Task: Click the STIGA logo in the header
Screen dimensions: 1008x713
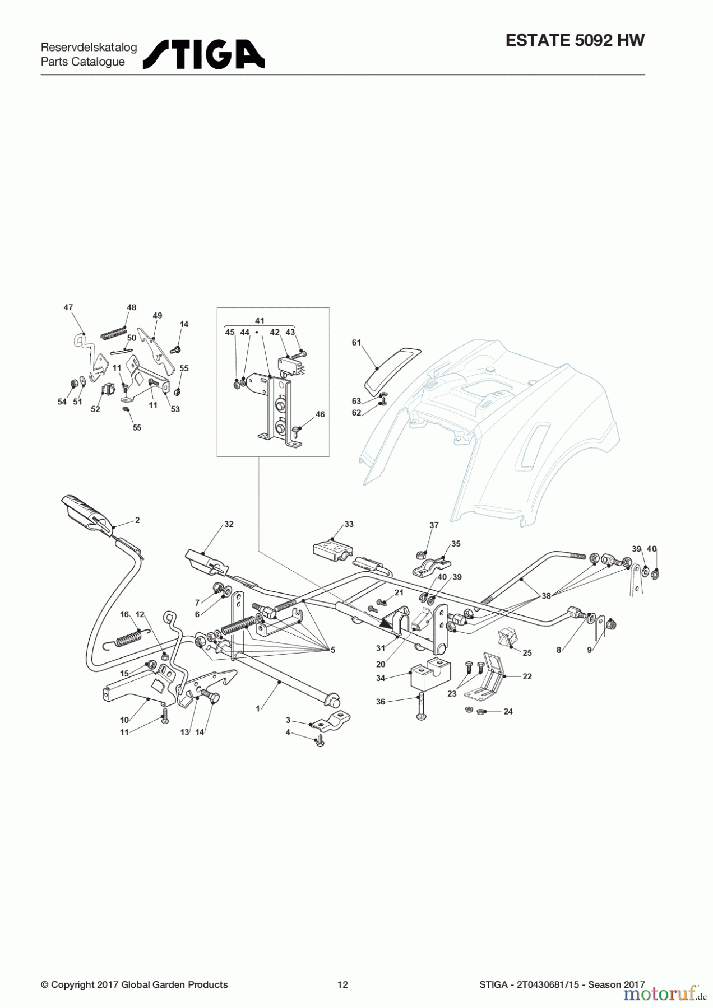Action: tap(204, 54)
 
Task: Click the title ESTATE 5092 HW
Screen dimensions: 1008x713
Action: tap(575, 40)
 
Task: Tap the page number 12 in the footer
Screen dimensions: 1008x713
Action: tap(342, 984)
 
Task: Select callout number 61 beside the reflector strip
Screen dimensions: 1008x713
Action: tap(356, 343)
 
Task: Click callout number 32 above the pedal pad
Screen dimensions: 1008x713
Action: tap(229, 524)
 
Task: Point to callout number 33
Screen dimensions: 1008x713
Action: tap(349, 524)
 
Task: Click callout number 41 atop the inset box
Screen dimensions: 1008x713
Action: tap(260, 321)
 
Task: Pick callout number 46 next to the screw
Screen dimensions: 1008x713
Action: tap(320, 414)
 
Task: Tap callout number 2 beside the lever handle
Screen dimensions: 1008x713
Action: tap(137, 520)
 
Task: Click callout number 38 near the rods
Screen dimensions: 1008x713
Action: tap(546, 596)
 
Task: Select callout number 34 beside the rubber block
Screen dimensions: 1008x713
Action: tap(381, 678)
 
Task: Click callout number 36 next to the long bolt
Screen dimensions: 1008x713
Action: tap(381, 702)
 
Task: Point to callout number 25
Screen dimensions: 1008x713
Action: tap(527, 653)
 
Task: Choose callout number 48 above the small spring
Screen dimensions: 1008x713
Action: tap(131, 307)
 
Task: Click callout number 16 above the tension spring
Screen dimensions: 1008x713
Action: tap(124, 614)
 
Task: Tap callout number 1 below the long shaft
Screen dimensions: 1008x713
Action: tap(258, 708)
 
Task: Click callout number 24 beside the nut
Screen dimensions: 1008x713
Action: tap(508, 712)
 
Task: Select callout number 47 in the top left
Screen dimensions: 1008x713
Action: tap(68, 307)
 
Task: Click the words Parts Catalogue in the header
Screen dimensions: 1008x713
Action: tap(83, 62)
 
